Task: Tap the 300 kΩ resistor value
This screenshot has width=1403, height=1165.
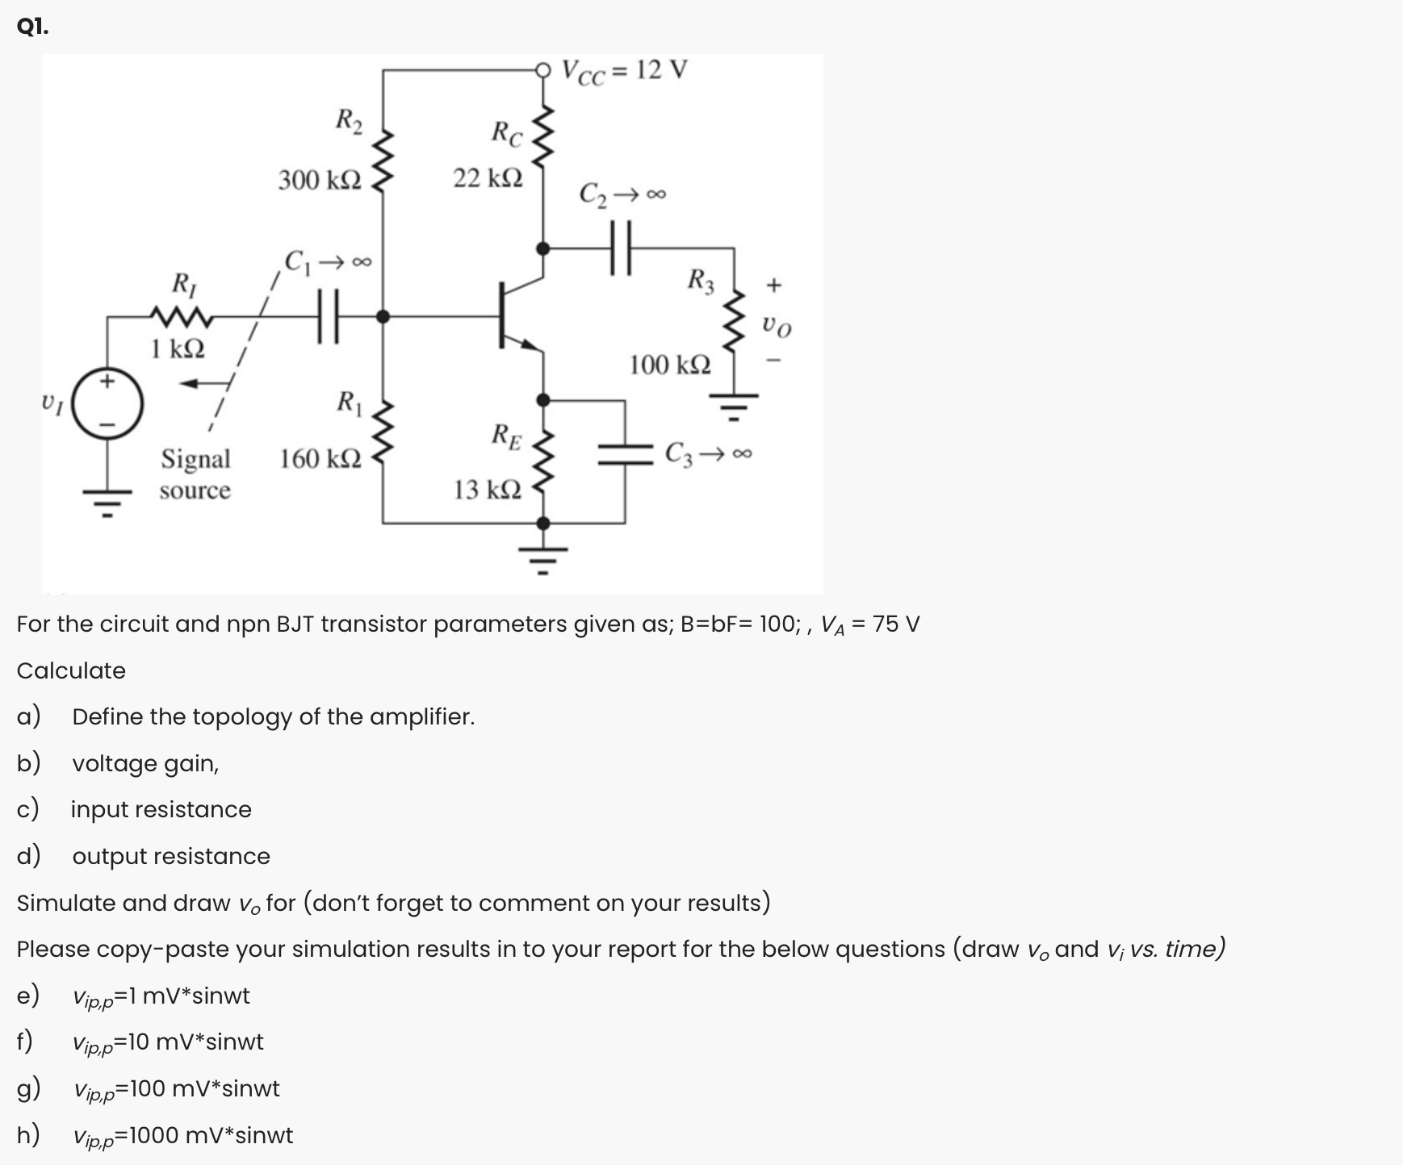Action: click(320, 179)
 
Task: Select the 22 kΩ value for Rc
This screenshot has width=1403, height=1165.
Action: click(488, 177)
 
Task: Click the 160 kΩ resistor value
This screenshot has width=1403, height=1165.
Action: click(320, 459)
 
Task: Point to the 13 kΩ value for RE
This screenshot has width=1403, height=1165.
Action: click(488, 489)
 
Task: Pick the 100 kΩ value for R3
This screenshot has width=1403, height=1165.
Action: click(670, 365)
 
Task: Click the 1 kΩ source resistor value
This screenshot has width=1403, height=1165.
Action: click(178, 349)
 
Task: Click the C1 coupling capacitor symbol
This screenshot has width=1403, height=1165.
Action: click(327, 317)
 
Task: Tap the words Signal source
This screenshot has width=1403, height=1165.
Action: click(195, 474)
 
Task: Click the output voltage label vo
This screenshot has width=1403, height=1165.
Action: click(776, 327)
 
